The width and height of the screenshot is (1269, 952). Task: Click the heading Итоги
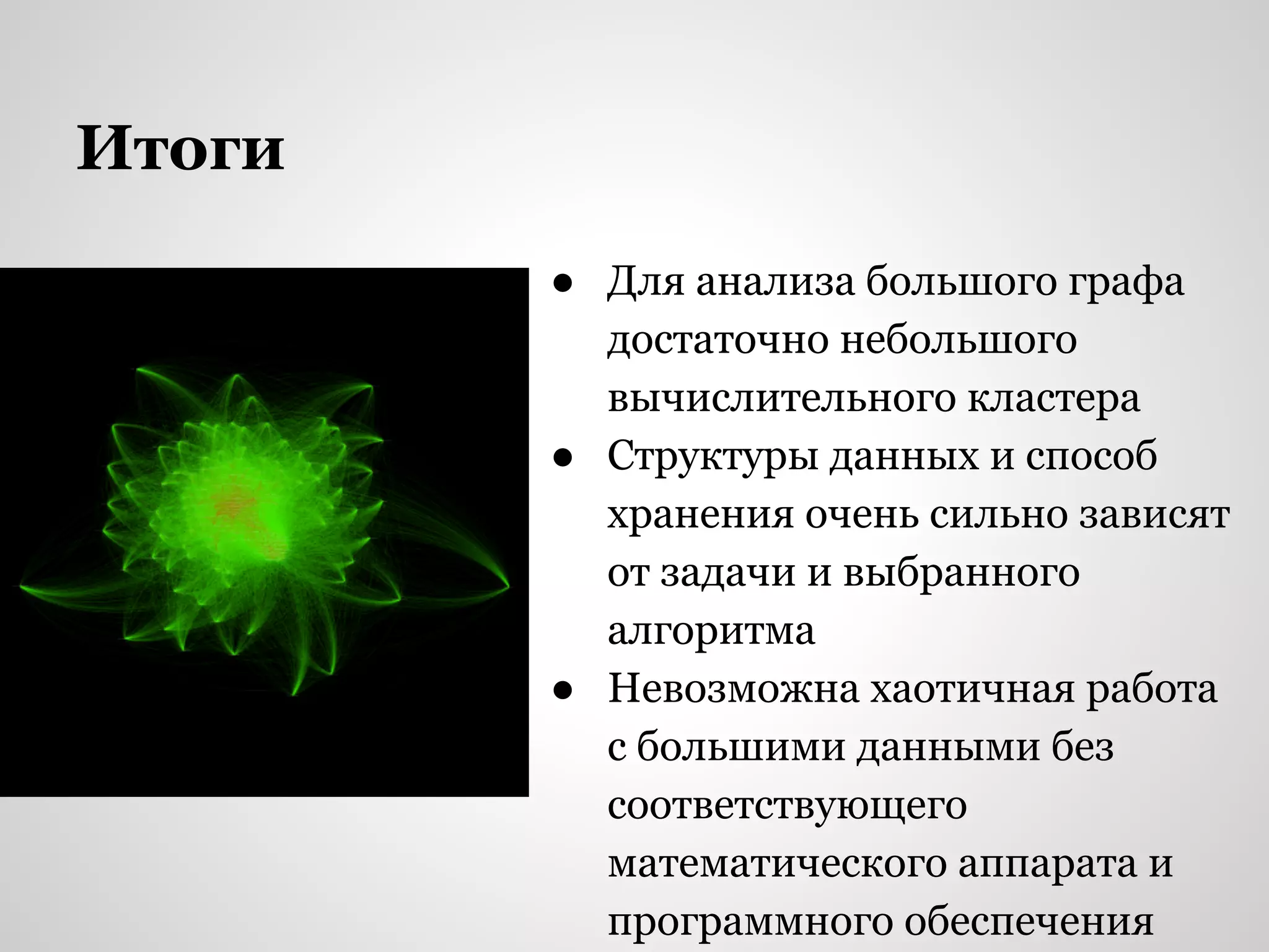[180, 149]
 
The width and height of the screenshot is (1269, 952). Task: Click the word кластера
[1053, 398]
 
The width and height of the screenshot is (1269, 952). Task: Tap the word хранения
[700, 514]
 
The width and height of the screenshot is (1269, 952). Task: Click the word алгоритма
[711, 631]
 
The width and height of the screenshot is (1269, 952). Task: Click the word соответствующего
[787, 806]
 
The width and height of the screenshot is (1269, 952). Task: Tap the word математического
[777, 863]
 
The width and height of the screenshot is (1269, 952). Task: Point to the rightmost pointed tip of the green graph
[508, 583]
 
